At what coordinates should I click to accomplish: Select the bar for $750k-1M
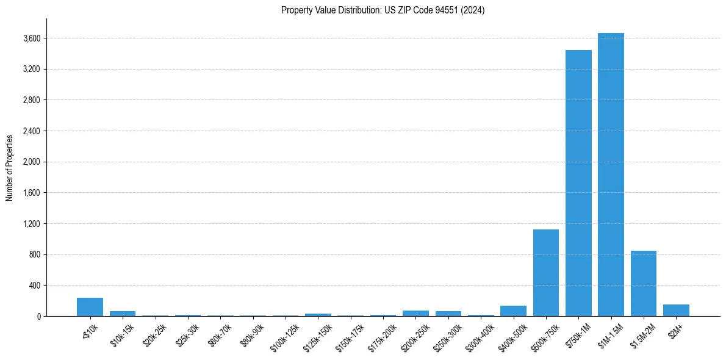578,183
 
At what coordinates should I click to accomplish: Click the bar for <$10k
90,307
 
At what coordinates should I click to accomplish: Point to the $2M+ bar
676,310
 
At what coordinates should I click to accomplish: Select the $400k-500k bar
513,311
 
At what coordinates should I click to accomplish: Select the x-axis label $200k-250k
415,333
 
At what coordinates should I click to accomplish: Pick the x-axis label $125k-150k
318,333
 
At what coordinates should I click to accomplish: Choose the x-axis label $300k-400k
481,333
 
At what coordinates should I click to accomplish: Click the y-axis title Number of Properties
9,167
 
